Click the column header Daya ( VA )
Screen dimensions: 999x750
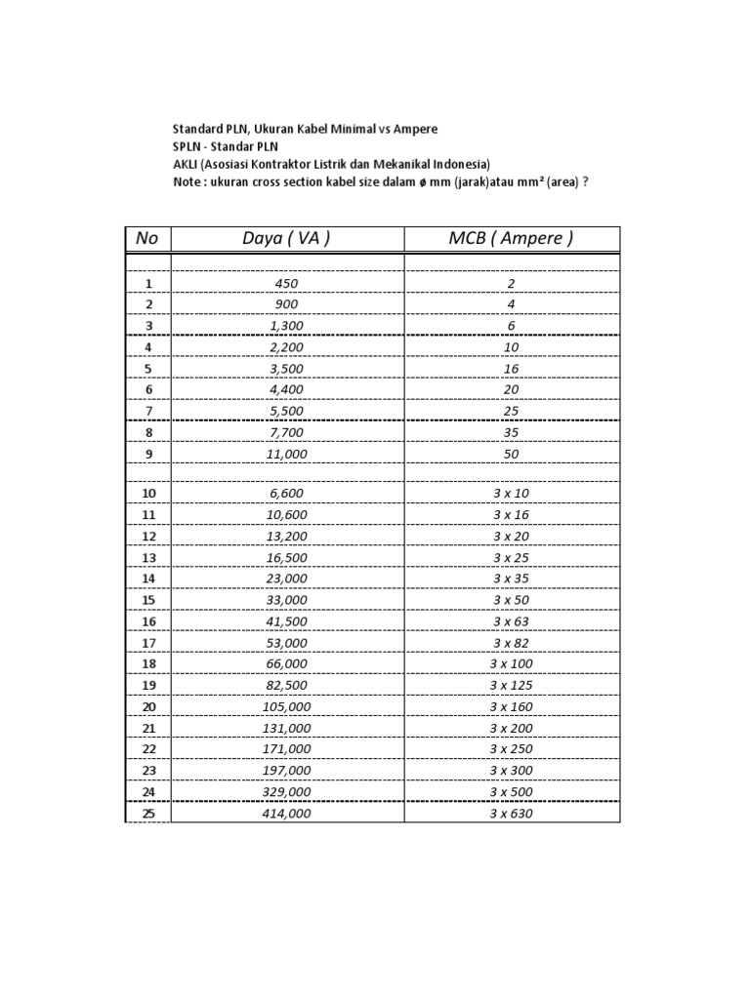287,239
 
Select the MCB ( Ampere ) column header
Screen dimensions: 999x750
512,239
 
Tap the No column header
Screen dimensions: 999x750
147,239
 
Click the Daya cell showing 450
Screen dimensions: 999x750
287,284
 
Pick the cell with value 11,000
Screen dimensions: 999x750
287,454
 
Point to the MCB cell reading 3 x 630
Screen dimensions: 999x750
512,814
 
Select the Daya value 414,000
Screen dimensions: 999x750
287,814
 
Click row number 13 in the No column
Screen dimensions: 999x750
148,558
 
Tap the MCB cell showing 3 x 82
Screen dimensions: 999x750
512,643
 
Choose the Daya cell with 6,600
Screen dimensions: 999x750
287,495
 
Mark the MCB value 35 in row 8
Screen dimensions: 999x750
512,432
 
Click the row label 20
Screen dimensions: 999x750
148,706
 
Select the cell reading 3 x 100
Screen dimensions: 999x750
512,664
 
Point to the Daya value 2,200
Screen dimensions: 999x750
287,347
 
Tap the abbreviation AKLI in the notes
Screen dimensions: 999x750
185,164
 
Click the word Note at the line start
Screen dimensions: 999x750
187,181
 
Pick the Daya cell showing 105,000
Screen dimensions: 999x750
287,706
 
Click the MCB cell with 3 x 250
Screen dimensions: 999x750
512,748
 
